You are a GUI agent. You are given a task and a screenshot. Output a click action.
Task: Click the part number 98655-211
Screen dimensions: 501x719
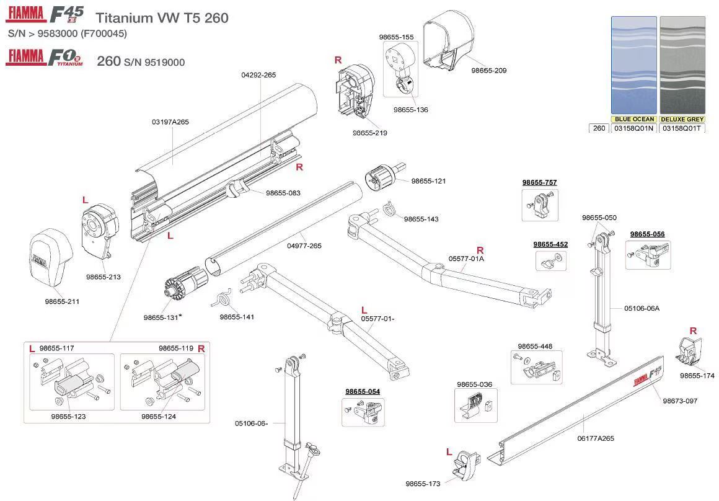(62, 301)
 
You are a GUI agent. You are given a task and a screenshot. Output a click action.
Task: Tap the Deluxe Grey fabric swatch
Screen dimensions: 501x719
(682, 65)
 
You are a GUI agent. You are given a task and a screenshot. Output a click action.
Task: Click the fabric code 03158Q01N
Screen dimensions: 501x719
(633, 128)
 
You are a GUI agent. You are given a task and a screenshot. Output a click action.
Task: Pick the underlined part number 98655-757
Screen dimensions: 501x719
(539, 182)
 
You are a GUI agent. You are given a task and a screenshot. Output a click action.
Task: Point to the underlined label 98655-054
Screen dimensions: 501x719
(363, 391)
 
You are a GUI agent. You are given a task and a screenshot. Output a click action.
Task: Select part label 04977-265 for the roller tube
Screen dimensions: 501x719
(304, 246)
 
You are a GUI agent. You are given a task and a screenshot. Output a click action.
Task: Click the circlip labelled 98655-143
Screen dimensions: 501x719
(388, 210)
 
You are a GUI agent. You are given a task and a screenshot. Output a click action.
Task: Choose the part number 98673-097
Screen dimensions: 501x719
(680, 401)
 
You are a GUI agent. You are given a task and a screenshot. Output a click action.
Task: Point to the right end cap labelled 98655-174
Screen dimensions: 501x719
(690, 353)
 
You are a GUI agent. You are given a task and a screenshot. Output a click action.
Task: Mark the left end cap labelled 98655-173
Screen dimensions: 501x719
(466, 464)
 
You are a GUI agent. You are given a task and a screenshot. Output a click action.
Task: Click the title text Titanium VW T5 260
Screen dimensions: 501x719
(162, 18)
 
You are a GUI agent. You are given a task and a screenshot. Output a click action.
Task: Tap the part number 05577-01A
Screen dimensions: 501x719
(466, 258)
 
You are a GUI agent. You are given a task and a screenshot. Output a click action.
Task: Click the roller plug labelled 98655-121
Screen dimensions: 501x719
(382, 178)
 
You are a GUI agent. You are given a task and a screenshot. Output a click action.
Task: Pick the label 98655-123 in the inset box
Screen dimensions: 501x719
(68, 417)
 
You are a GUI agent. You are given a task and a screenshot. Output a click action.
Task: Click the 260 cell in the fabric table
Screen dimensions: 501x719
(599, 128)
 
